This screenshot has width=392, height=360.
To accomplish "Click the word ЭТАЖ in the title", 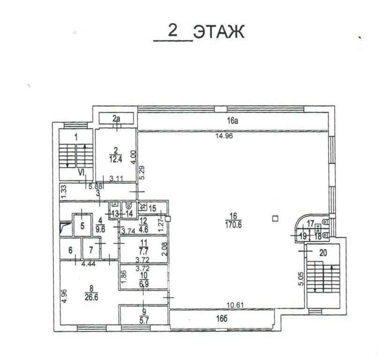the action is [219, 32].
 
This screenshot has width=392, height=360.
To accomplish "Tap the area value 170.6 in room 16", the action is [233, 225].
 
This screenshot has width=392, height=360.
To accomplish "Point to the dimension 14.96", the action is [224, 136].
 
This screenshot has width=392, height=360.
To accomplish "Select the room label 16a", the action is [232, 121].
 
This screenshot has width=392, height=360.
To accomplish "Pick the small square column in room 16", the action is [275, 219].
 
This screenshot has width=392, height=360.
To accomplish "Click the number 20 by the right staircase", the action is [323, 253].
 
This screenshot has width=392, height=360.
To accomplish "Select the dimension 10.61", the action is [235, 305].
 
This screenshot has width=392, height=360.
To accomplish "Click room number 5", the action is [82, 226].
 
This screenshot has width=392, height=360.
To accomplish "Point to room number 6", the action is [70, 250].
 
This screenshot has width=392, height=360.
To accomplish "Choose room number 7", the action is [91, 250].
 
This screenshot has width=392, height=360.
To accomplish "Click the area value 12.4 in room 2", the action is [115, 159].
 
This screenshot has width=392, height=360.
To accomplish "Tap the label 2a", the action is [116, 119].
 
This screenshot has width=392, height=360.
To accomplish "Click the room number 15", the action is [152, 208].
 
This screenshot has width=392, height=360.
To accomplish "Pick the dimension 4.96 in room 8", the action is [65, 296].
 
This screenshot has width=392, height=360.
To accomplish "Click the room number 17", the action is [310, 223].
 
